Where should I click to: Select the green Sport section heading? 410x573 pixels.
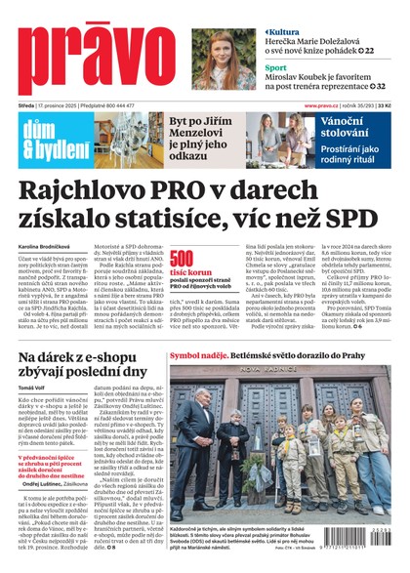[281, 68]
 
